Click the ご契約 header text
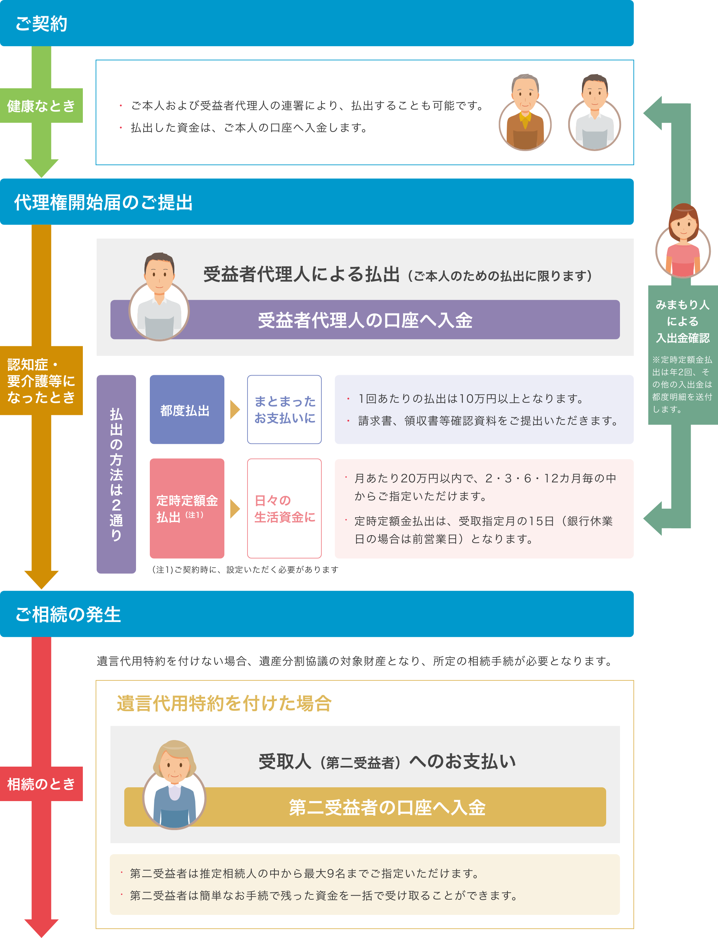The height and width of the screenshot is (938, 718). coord(41,23)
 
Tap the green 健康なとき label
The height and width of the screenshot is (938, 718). coord(41,106)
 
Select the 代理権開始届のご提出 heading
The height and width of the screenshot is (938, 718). coord(104,202)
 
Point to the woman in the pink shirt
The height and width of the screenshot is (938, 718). coord(682,241)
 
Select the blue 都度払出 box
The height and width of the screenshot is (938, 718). coord(187,410)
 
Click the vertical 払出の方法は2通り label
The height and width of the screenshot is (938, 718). coord(116,474)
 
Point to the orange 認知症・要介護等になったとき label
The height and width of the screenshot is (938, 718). coord(41,381)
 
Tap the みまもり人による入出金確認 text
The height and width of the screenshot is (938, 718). coord(682,321)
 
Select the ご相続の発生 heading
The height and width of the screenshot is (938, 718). coord(68,615)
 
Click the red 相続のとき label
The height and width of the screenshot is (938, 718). coord(41,784)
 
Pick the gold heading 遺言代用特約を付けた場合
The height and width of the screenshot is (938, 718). coord(224,703)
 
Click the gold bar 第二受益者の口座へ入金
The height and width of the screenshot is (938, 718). coord(387,807)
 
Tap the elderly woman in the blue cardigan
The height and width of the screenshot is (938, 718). coord(174,786)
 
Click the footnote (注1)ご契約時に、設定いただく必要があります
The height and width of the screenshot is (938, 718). coord(245,570)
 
